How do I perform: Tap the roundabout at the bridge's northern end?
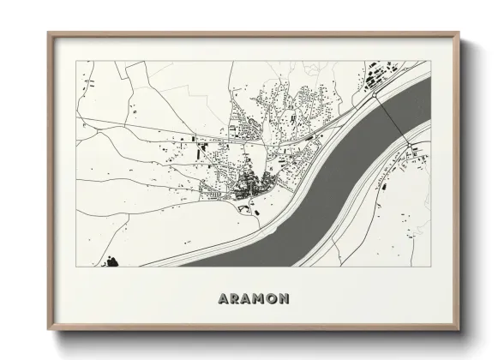(375, 93)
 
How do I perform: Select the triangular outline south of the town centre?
(249, 206)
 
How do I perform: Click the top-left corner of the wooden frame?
(48, 33)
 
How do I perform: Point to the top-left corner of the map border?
(77, 62)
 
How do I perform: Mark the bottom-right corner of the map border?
(428, 267)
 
